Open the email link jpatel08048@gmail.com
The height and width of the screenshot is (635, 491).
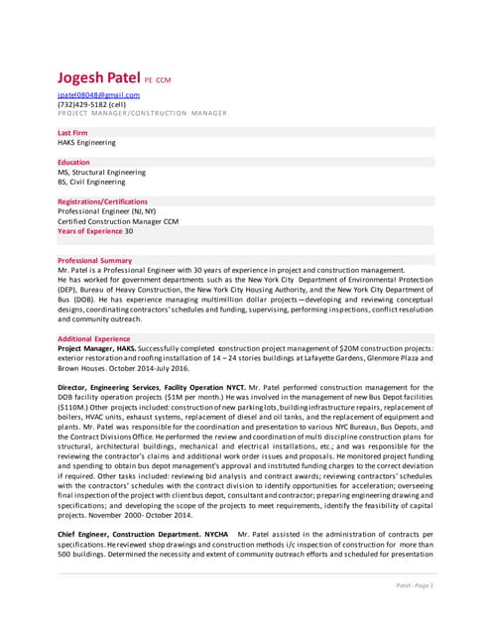click(x=98, y=95)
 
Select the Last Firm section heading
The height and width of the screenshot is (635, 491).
click(x=76, y=132)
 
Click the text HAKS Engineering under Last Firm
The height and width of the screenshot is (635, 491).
click(x=86, y=142)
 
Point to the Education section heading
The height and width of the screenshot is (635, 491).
click(x=74, y=162)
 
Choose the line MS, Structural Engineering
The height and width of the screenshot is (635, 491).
click(x=101, y=172)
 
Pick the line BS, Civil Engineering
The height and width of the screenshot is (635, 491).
click(x=91, y=182)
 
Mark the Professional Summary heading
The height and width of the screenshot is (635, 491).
click(x=96, y=260)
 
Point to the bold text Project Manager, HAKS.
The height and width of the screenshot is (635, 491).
click(x=96, y=349)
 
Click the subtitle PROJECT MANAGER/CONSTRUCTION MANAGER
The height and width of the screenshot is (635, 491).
click(x=142, y=113)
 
